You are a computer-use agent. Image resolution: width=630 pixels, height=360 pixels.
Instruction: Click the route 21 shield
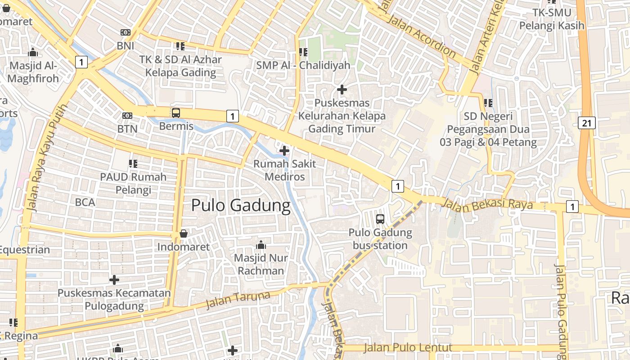click(587, 123)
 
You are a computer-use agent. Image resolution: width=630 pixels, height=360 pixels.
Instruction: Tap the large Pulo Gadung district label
click(241, 205)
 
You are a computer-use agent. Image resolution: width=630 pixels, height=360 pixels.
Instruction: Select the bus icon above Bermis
click(176, 112)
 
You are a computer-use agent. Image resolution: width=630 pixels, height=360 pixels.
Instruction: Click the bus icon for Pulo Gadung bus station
click(380, 219)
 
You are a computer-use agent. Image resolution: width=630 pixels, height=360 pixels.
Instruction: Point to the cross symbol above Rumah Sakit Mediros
click(284, 151)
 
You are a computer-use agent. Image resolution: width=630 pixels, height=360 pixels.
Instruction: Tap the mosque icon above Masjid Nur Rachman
click(261, 245)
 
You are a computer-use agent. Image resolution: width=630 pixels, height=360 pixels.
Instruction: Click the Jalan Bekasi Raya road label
click(487, 204)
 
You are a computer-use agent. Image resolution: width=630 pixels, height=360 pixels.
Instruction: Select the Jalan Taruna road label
click(238, 300)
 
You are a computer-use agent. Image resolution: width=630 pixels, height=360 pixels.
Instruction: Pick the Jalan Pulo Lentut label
click(408, 347)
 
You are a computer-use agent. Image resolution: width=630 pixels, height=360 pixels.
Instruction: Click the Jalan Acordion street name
click(421, 36)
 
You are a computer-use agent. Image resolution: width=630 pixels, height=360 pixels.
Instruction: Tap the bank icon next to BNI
click(126, 32)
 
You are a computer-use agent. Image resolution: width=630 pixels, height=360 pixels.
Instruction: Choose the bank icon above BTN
click(127, 116)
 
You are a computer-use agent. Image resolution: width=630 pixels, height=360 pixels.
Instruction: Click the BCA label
click(85, 202)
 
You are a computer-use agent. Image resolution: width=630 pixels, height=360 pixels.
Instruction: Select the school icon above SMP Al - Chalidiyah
click(303, 52)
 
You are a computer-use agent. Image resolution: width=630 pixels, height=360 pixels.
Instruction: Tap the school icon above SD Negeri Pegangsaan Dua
click(488, 103)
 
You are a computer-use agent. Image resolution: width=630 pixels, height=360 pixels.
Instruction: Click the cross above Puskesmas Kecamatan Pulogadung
click(114, 280)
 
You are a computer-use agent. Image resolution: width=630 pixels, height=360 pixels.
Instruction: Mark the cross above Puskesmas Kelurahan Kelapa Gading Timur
click(342, 90)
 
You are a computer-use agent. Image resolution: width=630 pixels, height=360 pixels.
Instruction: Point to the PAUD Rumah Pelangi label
click(133, 183)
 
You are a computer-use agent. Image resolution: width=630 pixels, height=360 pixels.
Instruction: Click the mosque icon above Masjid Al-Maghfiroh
click(33, 53)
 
